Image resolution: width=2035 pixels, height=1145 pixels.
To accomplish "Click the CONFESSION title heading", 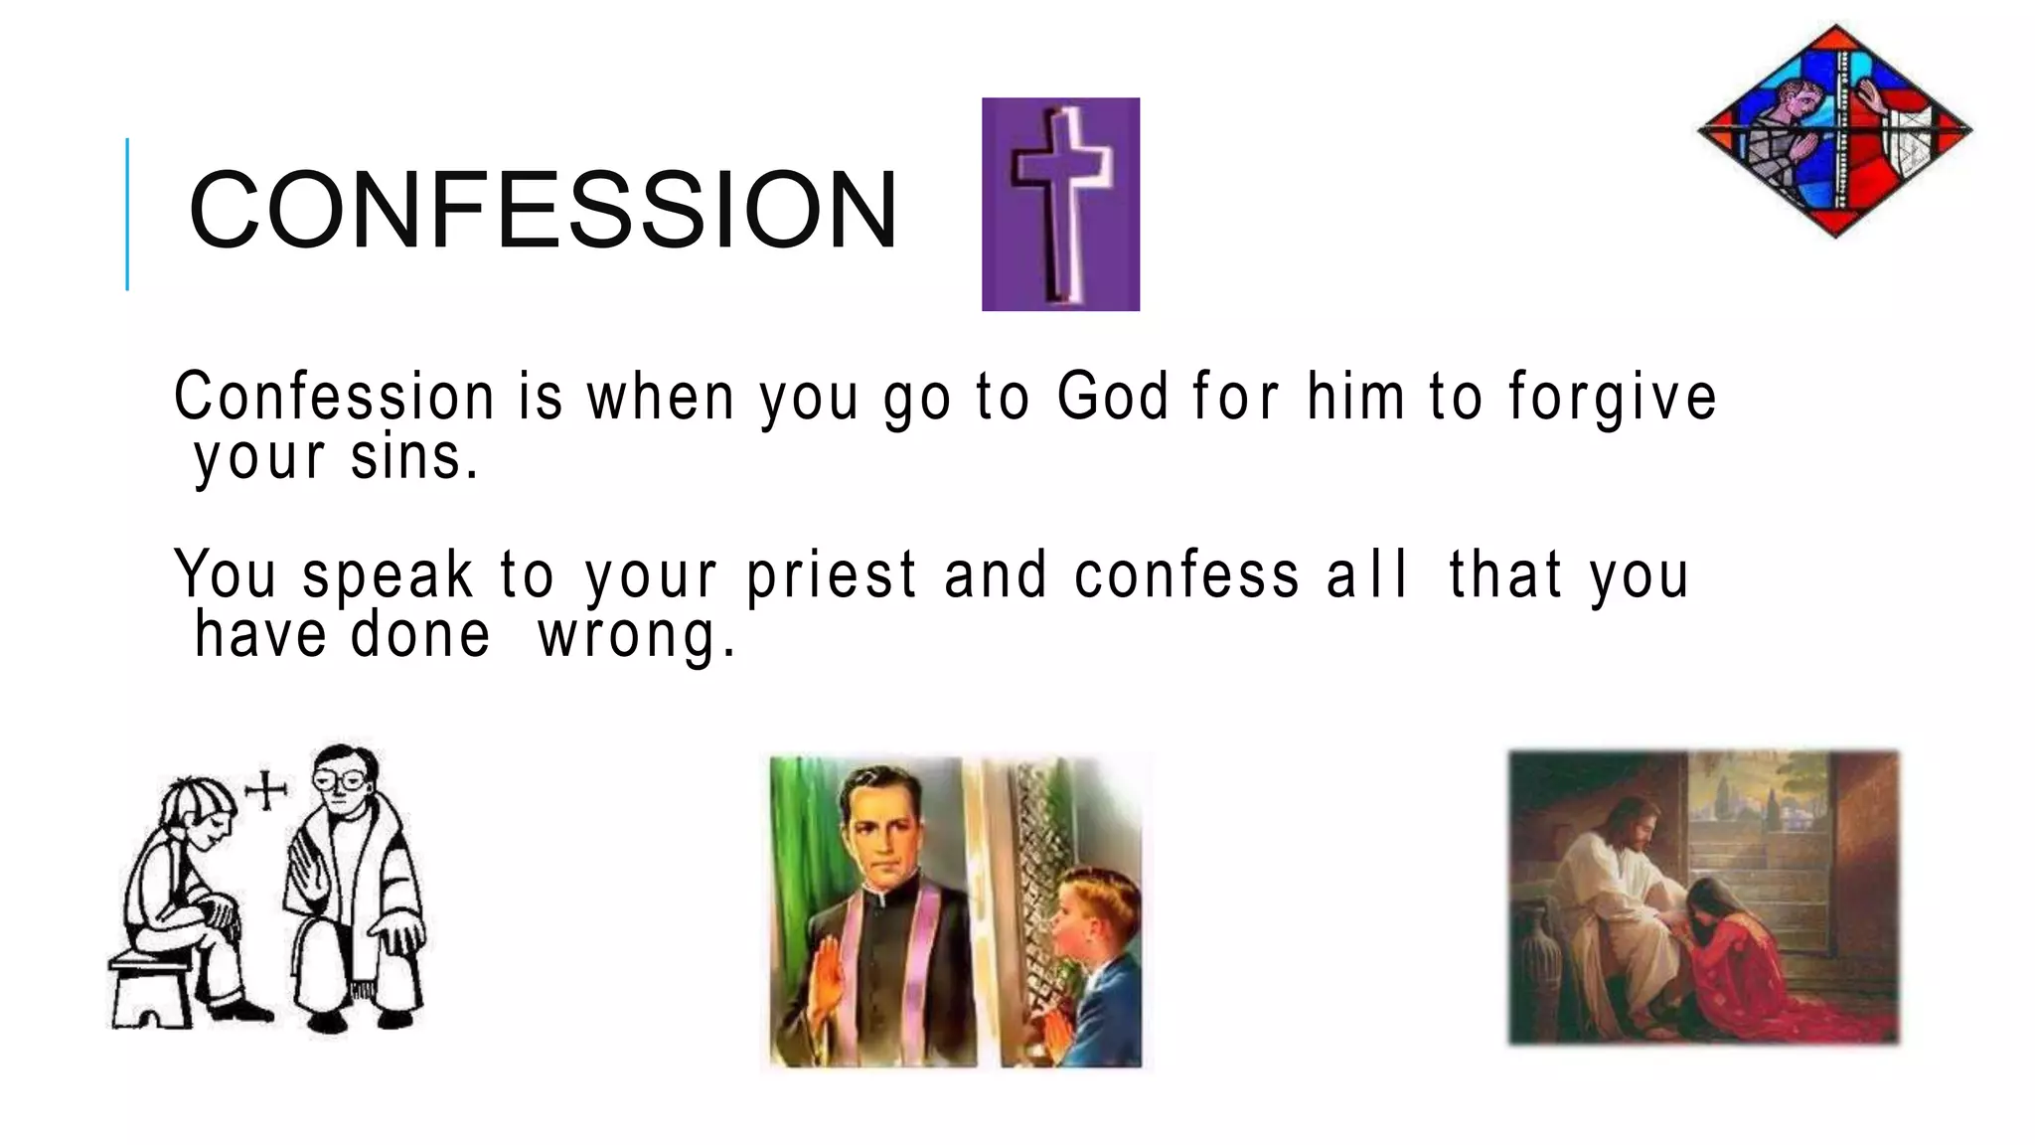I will click(x=543, y=211).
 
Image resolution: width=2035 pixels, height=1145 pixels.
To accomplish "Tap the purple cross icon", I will click(x=1060, y=204).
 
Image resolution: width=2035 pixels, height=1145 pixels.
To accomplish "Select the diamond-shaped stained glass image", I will click(x=1834, y=130).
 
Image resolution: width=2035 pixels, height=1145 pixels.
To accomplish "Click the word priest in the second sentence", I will click(x=832, y=576).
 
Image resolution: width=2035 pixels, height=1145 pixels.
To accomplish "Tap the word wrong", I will click(x=636, y=636).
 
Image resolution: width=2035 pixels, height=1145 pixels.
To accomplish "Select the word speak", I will click(x=388, y=576).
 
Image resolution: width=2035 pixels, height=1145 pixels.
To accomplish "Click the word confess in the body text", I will click(x=1186, y=576).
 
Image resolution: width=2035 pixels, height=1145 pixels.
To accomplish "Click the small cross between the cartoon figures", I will click(x=265, y=791).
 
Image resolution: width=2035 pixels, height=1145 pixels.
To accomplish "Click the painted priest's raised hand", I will click(x=825, y=979).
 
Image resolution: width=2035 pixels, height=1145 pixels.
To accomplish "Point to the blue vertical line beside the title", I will click(x=127, y=214).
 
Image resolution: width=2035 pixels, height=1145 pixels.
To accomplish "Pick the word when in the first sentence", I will click(x=661, y=397).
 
